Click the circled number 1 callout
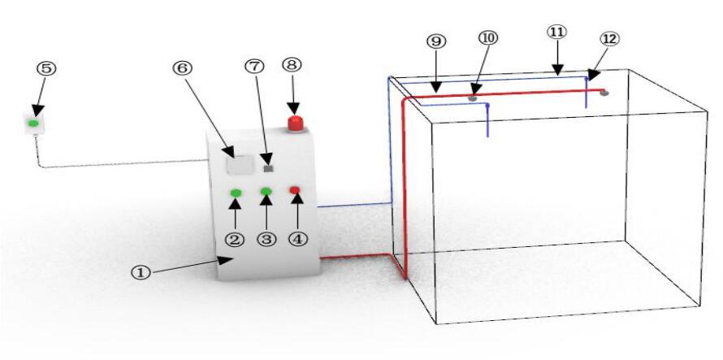click(x=141, y=273)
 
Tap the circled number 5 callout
click(x=46, y=68)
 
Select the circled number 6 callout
click(x=183, y=67)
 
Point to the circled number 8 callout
click(x=292, y=64)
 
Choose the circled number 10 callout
click(x=489, y=38)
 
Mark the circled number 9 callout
click(x=436, y=41)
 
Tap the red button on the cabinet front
click(x=295, y=191)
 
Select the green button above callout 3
click(x=266, y=192)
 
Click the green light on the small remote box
click(x=33, y=124)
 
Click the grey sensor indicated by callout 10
click(x=472, y=98)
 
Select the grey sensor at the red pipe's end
click(x=604, y=93)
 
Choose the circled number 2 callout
click(x=236, y=241)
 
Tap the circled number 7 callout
click(x=255, y=67)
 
